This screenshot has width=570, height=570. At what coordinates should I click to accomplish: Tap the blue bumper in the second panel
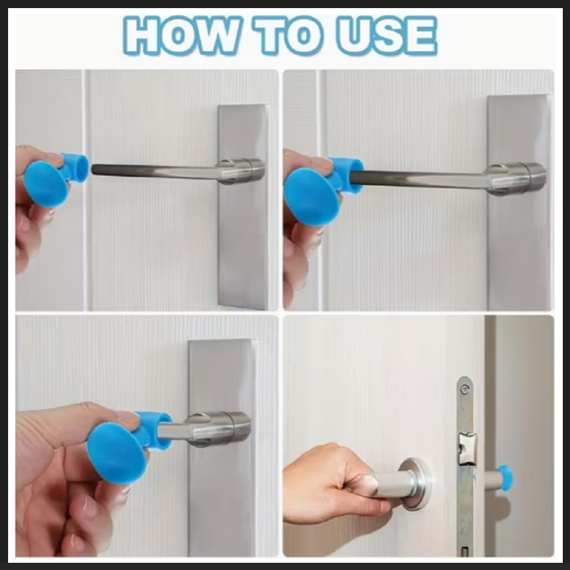pos(322,189)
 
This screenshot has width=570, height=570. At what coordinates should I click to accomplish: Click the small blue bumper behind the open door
pos(505,478)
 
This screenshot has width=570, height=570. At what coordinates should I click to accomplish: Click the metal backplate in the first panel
pos(243,207)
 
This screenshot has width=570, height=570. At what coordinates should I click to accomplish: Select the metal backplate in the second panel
pos(519,203)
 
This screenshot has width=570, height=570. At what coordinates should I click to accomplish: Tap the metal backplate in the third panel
pos(222,447)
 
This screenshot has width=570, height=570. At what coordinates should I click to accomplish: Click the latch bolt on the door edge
pos(467,449)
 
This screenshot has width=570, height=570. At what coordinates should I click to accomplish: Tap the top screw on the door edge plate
pos(464,390)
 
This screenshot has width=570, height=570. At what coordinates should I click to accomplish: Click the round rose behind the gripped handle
pos(416,484)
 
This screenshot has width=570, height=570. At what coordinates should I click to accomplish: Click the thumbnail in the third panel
pos(128,419)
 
